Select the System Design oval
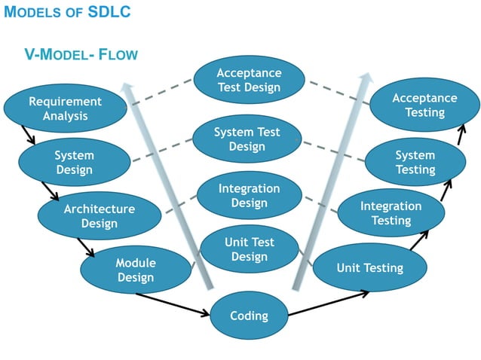pyautogui.click(x=74, y=162)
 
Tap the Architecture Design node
pyautogui.click(x=99, y=215)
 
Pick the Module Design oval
pyautogui.click(x=135, y=270)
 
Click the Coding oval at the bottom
pyautogui.click(x=249, y=315)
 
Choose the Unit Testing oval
pyautogui.click(x=369, y=267)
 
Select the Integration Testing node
pyautogui.click(x=391, y=213)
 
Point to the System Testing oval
pyautogui.click(x=415, y=162)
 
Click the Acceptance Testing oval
pyautogui.click(x=424, y=105)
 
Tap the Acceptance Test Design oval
pyautogui.click(x=249, y=80)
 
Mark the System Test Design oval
pyautogui.click(x=247, y=139)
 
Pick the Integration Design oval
pyautogui.click(x=249, y=196)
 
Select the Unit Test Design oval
pyautogui.click(x=249, y=249)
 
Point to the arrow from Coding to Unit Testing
pyautogui.click(x=328, y=302)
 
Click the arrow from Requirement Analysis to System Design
pyautogui.click(x=28, y=136)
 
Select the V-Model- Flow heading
pyautogui.click(x=81, y=55)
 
